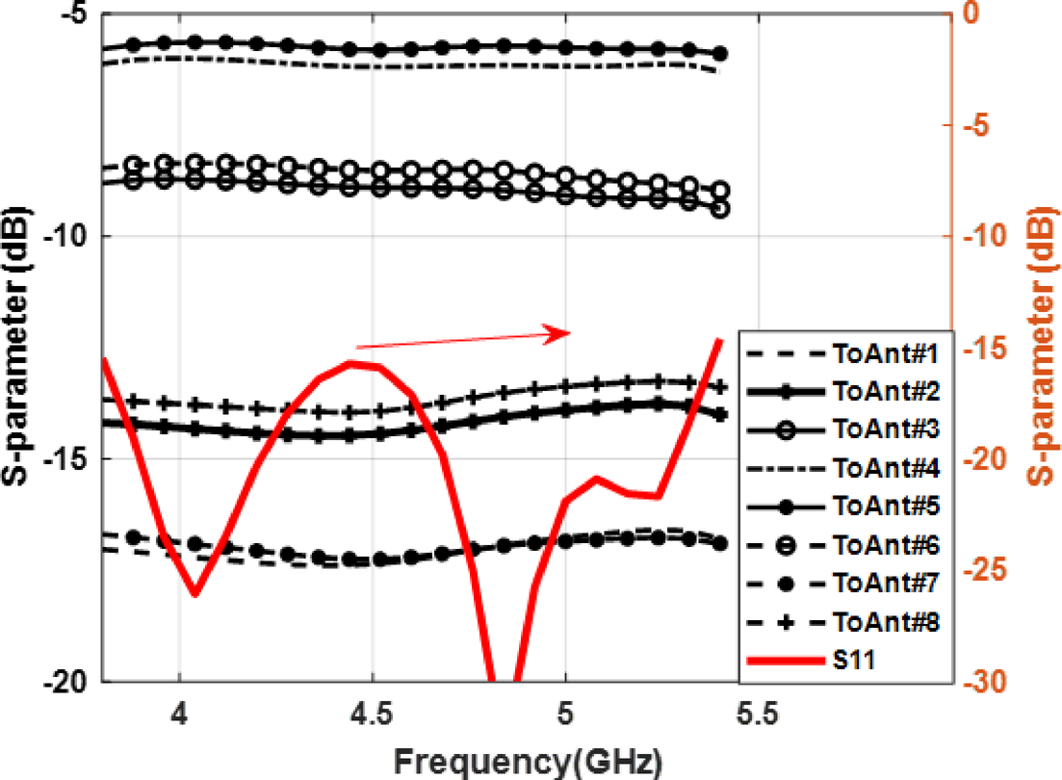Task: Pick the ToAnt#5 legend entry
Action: click(x=884, y=506)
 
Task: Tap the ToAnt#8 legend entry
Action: click(x=884, y=621)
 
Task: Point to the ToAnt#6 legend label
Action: click(x=884, y=546)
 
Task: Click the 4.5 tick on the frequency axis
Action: click(x=372, y=717)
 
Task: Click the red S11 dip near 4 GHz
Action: click(x=195, y=593)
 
